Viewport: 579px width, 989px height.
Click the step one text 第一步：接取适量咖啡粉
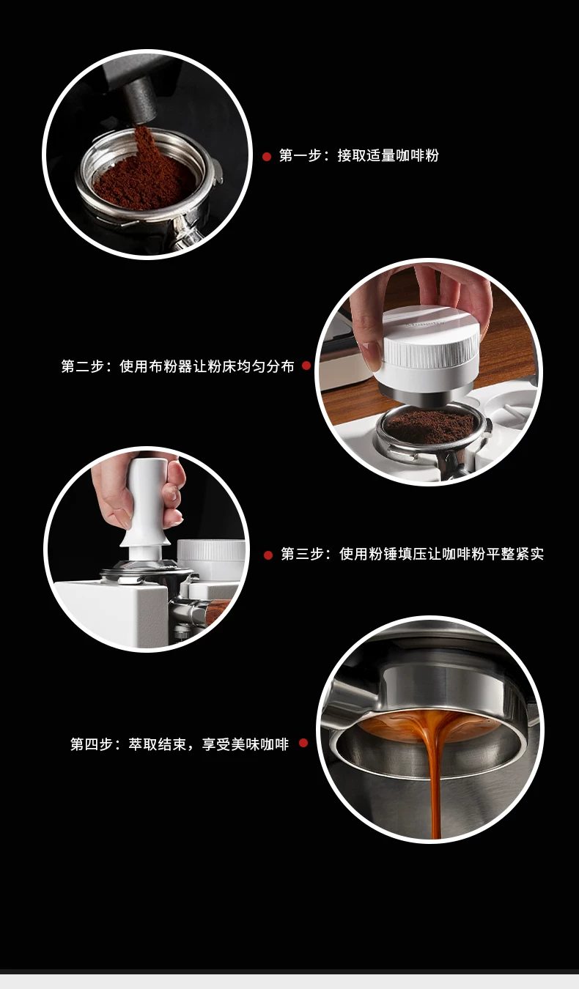pos(358,155)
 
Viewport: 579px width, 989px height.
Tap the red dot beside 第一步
pos(267,156)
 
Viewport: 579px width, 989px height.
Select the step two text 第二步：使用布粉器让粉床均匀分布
pos(177,366)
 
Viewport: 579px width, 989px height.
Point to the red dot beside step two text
pos(306,366)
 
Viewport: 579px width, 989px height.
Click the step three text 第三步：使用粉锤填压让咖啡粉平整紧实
pos(412,554)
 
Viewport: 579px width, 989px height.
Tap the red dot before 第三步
pos(268,555)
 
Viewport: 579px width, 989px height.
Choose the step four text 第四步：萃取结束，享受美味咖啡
pos(180,744)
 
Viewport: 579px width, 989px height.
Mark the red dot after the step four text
pos(303,743)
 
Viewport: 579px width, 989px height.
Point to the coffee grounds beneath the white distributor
pos(429,426)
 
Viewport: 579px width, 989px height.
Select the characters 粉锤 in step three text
pos(383,554)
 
